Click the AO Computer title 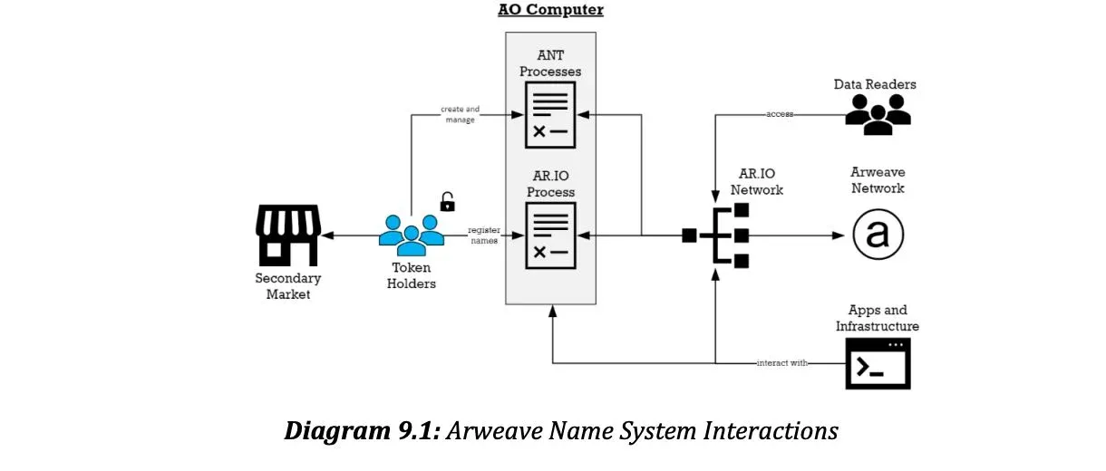[550, 9]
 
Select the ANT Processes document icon [550, 115]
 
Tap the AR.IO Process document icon [550, 235]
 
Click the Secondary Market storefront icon [288, 235]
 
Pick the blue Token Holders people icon [412, 235]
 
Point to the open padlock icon [447, 202]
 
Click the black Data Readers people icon [878, 114]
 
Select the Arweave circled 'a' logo [878, 235]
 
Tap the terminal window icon [878, 363]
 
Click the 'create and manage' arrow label [461, 114]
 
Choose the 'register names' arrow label [484, 235]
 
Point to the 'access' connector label [780, 114]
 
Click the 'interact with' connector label [782, 363]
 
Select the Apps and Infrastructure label [878, 318]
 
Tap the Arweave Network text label [878, 180]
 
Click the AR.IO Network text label [757, 181]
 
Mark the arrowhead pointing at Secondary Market [327, 235]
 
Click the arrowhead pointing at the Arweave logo [839, 235]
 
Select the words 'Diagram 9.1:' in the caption [362, 430]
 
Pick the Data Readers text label [875, 84]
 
